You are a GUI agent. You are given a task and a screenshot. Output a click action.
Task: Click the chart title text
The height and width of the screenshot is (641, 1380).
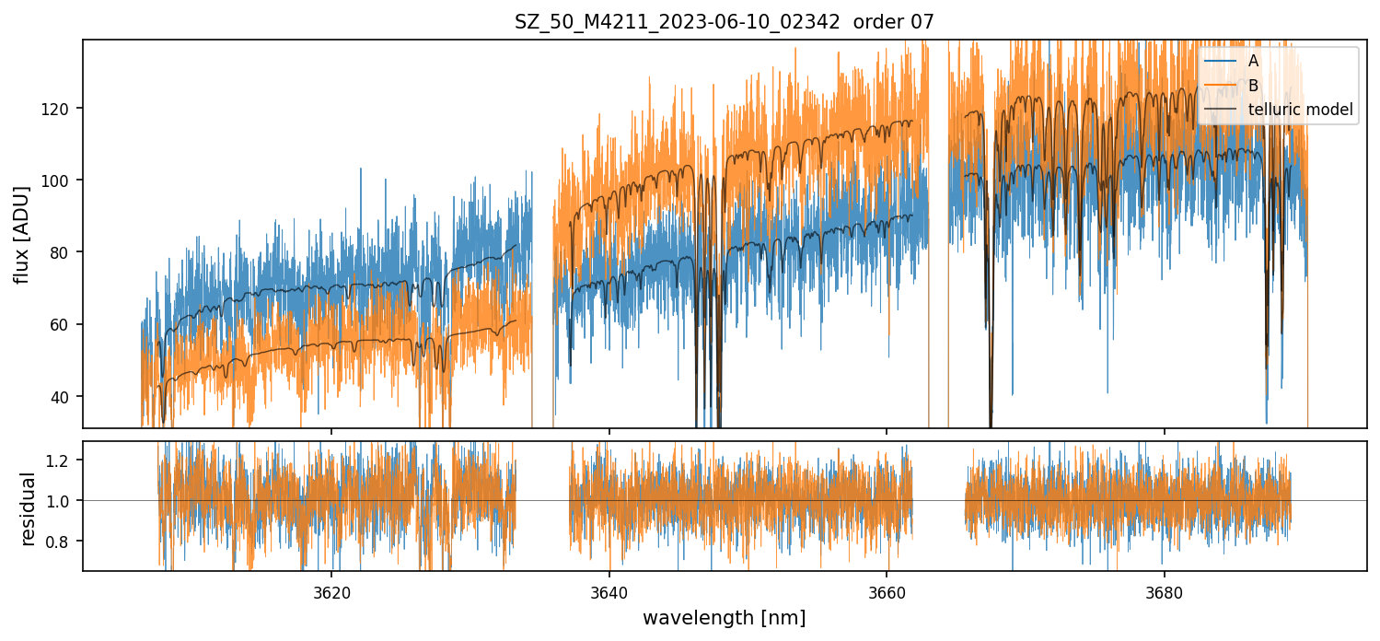pos(724,22)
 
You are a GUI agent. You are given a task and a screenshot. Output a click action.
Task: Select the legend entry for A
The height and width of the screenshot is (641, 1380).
pos(1253,62)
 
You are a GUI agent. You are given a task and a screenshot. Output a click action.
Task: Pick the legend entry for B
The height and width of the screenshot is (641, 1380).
pos(1253,86)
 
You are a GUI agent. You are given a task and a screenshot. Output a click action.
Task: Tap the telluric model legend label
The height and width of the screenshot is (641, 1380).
pos(1300,110)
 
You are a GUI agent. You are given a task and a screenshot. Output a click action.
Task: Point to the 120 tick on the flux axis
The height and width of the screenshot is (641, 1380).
pos(64,109)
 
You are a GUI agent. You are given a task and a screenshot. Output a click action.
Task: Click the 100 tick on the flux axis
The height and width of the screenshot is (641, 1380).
pos(64,181)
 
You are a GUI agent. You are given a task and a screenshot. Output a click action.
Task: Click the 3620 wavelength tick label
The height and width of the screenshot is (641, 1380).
pos(331,591)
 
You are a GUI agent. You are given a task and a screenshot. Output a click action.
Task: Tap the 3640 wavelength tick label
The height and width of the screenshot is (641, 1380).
pos(609,591)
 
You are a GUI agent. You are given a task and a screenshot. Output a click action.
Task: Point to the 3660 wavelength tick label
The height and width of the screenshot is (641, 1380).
pos(887,591)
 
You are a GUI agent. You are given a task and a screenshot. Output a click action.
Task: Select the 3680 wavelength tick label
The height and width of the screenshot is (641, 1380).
pos(1165,591)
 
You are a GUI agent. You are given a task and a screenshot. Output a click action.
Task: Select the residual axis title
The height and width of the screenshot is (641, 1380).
pos(28,507)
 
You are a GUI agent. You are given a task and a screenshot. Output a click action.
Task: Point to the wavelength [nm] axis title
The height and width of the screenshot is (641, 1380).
pos(724,618)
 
